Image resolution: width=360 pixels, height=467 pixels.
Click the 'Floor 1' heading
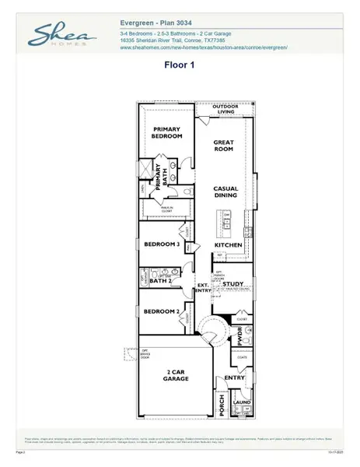[x=180, y=66]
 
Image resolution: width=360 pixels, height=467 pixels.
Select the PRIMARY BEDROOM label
[x=167, y=132]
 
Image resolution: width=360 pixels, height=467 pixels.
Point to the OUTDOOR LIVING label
[x=230, y=109]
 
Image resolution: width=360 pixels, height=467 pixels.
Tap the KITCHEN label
[x=229, y=245]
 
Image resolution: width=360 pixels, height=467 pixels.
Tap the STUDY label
[x=233, y=284]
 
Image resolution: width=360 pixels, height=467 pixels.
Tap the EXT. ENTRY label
[x=203, y=288]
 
